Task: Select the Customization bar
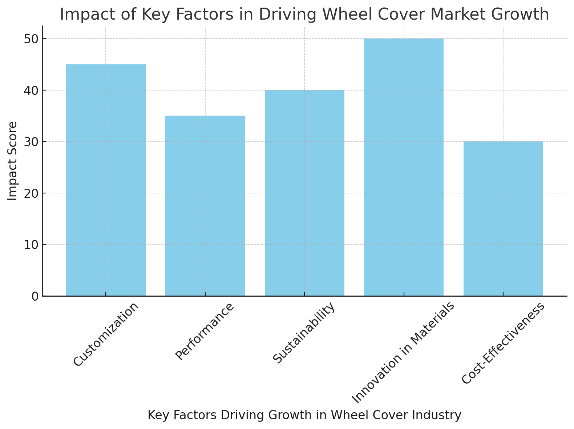(106, 180)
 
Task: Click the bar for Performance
(205, 206)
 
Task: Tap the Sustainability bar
(304, 193)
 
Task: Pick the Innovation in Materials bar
(404, 167)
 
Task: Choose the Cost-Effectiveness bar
(503, 218)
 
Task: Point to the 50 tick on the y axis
(31, 39)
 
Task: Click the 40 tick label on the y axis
(31, 90)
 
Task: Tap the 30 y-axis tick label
(31, 142)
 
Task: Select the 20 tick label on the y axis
(31, 193)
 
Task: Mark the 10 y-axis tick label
(31, 245)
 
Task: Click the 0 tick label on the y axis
(35, 296)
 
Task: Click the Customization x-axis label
(106, 334)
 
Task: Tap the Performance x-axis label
(205, 331)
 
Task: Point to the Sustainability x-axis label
(303, 333)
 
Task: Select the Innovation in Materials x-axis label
(403, 353)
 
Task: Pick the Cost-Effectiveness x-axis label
(503, 343)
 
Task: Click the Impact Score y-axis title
(13, 161)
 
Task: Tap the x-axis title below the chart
(304, 415)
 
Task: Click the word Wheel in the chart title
(344, 15)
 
